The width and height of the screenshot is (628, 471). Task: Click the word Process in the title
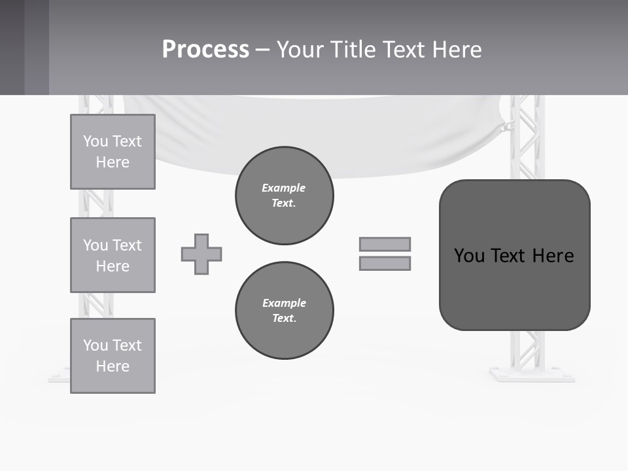pyautogui.click(x=205, y=50)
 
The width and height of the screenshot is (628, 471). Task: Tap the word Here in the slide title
pyautogui.click(x=455, y=50)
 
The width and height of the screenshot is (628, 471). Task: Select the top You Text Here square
pyautogui.click(x=113, y=152)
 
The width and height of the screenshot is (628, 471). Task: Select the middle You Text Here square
pyautogui.click(x=113, y=255)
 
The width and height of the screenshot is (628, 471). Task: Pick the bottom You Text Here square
pyautogui.click(x=113, y=356)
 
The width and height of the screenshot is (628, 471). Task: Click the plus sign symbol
pyautogui.click(x=201, y=254)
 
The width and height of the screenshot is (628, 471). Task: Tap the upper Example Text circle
pyautogui.click(x=285, y=196)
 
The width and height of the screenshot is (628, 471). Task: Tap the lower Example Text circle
pyautogui.click(x=285, y=311)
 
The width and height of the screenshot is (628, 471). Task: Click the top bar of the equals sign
pyautogui.click(x=385, y=244)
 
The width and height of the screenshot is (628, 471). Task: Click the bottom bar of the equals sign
pyautogui.click(x=385, y=263)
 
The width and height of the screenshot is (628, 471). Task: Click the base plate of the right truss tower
pyautogui.click(x=531, y=375)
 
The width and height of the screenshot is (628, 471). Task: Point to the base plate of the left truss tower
pyautogui.click(x=59, y=377)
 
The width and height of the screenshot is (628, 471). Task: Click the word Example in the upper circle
pyautogui.click(x=283, y=188)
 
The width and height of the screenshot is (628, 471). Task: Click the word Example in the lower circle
pyautogui.click(x=284, y=303)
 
